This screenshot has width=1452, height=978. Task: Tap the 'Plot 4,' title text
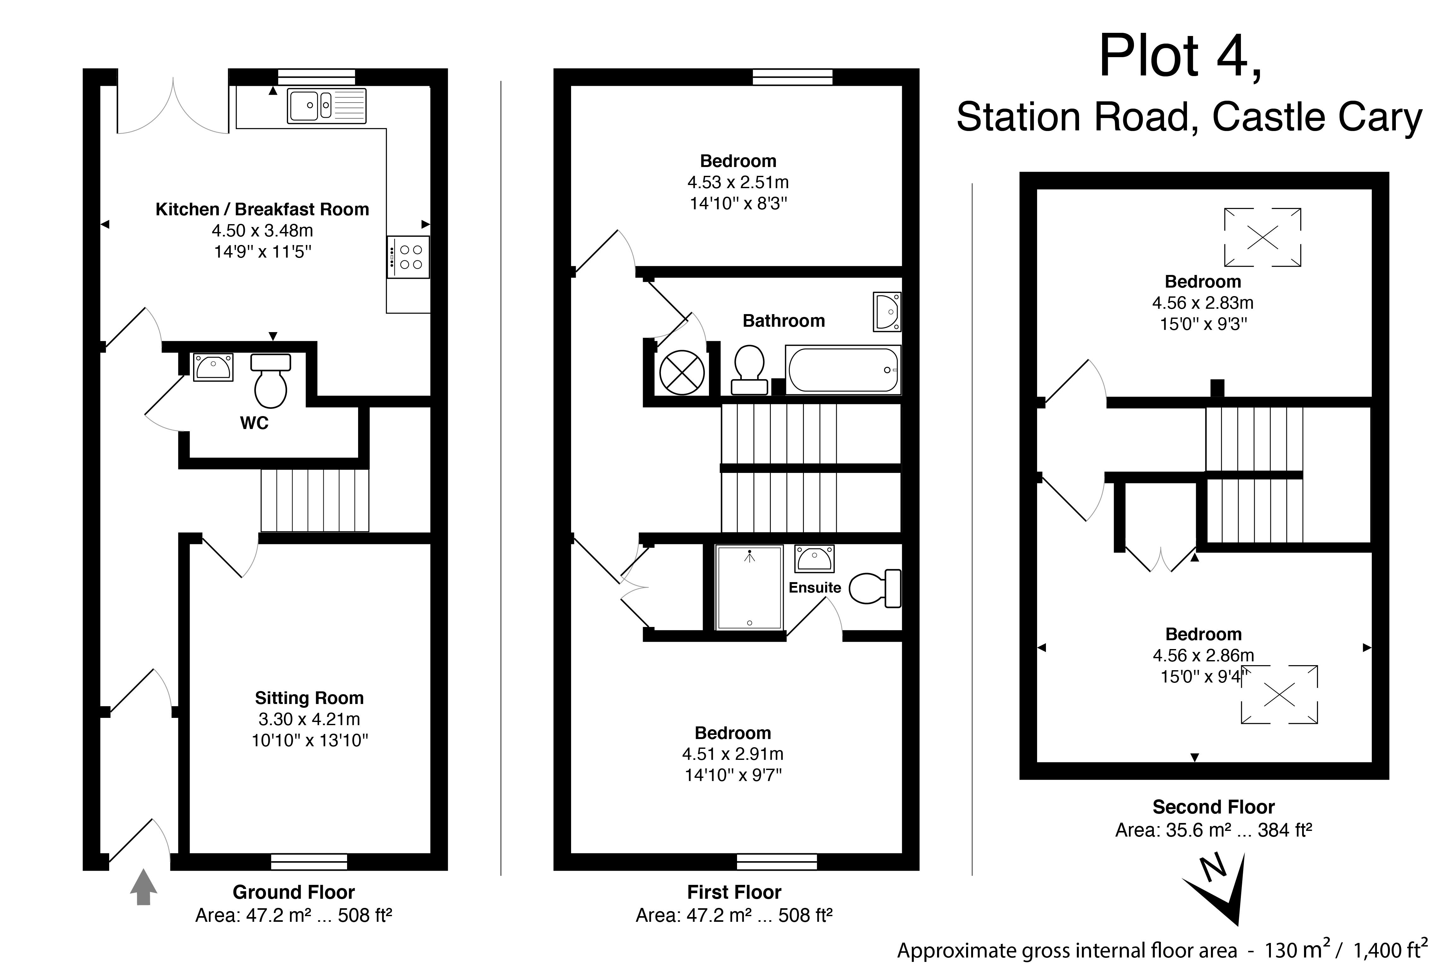1180,57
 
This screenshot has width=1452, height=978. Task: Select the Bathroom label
784,321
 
